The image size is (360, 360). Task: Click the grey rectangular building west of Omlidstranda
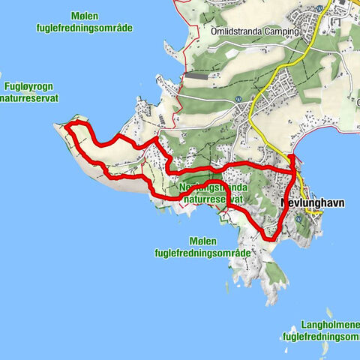(x=198, y=76)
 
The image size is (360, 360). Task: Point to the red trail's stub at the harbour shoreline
(x=292, y=155)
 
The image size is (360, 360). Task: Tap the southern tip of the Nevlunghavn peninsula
(x=271, y=304)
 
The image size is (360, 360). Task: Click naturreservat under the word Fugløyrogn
(x=29, y=97)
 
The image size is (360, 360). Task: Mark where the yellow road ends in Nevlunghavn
(x=319, y=213)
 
